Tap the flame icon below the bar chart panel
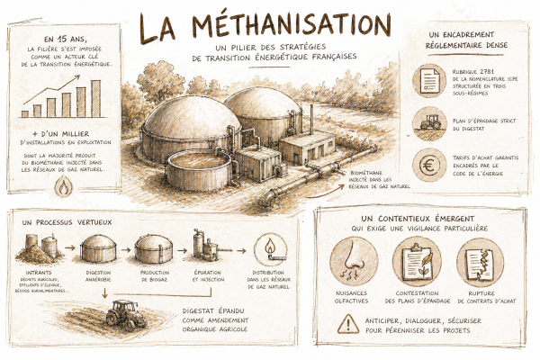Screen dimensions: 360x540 pyautogui.click(x=64, y=185)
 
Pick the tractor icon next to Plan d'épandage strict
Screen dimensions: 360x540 pyautogui.click(x=429, y=122)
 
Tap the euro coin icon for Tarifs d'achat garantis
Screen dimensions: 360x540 pyautogui.click(x=429, y=164)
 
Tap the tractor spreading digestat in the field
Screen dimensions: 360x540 pyautogui.click(x=123, y=311)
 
